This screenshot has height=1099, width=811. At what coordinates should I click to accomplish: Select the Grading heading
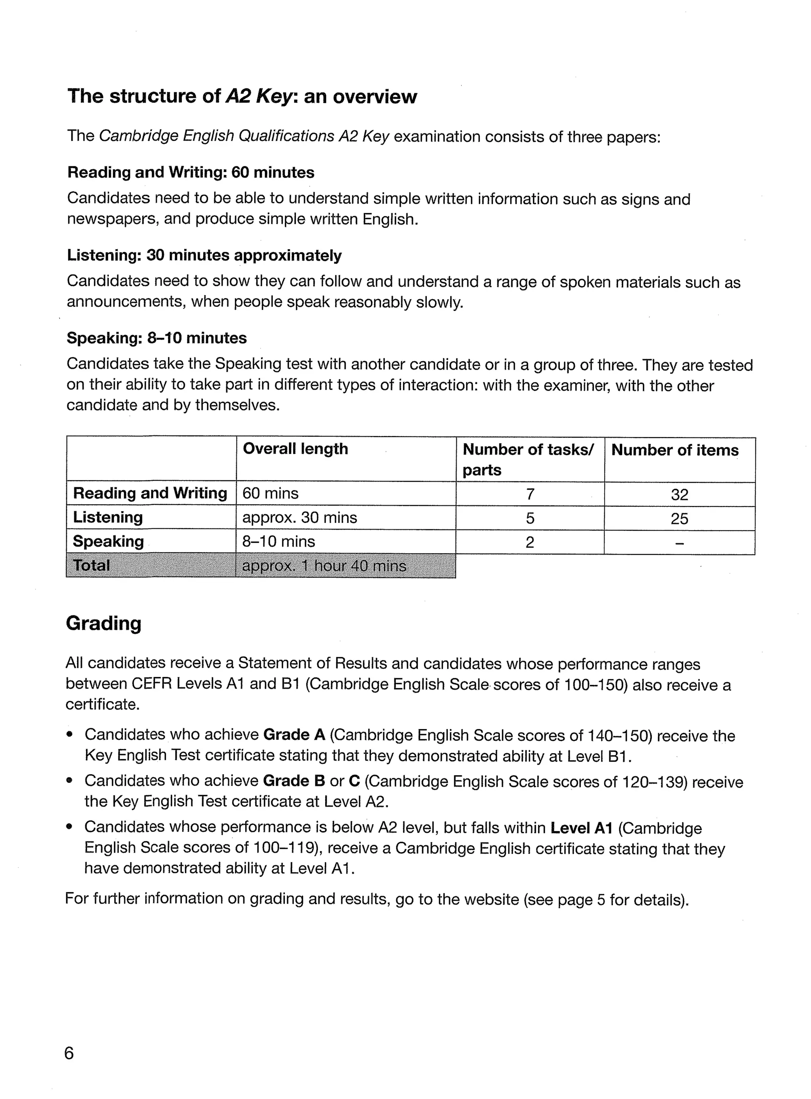104,623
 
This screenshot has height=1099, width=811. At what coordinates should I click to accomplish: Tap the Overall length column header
295,448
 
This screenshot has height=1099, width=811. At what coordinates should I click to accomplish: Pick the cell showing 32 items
680,494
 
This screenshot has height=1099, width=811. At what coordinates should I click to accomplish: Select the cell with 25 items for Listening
680,519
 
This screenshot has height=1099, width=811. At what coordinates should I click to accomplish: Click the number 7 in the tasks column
530,494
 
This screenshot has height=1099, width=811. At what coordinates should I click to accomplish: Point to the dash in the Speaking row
680,543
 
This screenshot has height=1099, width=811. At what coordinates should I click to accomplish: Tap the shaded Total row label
91,565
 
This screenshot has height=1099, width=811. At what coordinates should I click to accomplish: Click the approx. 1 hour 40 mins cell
324,566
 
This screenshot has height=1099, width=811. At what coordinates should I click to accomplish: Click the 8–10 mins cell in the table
278,541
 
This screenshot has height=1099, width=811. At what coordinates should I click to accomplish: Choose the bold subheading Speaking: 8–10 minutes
156,338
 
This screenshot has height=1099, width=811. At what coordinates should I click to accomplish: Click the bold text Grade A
294,735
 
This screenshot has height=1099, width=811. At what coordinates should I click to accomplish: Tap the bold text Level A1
581,828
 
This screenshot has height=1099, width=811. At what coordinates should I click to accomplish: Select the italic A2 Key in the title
259,96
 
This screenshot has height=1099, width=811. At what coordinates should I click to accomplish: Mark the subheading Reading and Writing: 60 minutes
190,172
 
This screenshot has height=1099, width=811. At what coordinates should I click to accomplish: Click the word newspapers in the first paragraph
112,219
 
